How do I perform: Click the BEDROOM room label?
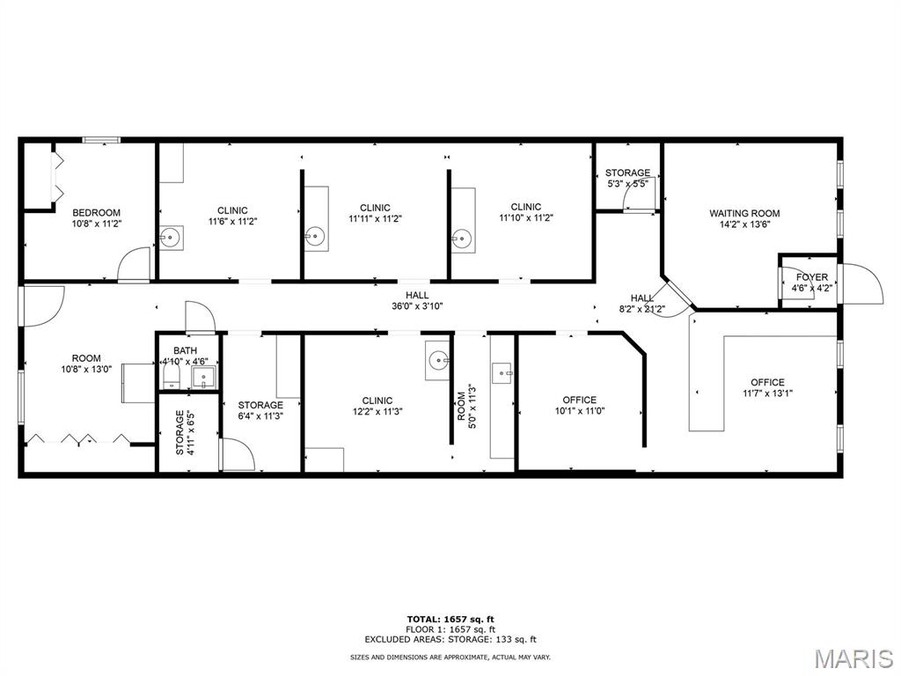click(97, 213)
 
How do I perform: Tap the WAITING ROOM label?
click(744, 213)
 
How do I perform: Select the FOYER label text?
click(812, 277)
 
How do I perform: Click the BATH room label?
click(185, 350)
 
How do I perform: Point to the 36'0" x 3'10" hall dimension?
click(417, 306)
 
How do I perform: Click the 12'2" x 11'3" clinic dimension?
click(377, 412)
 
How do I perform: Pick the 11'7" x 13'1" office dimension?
click(767, 393)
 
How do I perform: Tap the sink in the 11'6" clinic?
click(170, 237)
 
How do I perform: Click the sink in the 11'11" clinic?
click(315, 236)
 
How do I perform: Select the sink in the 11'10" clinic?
click(461, 237)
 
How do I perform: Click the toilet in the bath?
click(172, 378)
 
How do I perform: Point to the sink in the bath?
click(203, 378)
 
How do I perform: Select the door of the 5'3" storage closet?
click(640, 195)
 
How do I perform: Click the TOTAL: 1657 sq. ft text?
click(450, 619)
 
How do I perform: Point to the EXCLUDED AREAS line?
click(450, 639)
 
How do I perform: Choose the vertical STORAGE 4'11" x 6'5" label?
click(179, 432)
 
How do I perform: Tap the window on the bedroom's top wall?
click(101, 140)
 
